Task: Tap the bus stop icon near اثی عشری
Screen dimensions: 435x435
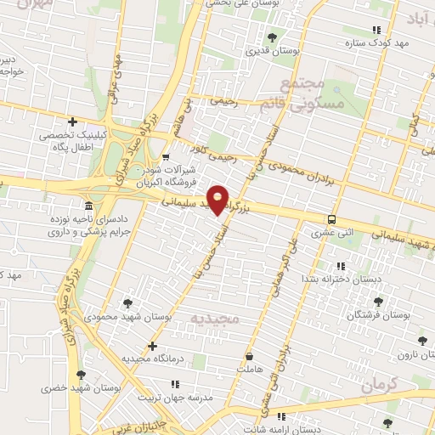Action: click(331, 218)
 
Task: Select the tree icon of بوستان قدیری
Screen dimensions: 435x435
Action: click(272, 37)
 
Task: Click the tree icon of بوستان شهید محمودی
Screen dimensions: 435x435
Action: click(127, 302)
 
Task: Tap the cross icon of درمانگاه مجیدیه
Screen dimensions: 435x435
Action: click(152, 346)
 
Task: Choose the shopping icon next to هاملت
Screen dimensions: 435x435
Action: click(249, 356)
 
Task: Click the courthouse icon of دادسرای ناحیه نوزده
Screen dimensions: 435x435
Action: click(89, 206)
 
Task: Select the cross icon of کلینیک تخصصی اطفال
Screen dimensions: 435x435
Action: click(73, 121)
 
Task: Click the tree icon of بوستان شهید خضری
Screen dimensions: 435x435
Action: click(80, 375)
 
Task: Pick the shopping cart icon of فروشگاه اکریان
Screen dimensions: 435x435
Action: click(165, 155)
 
